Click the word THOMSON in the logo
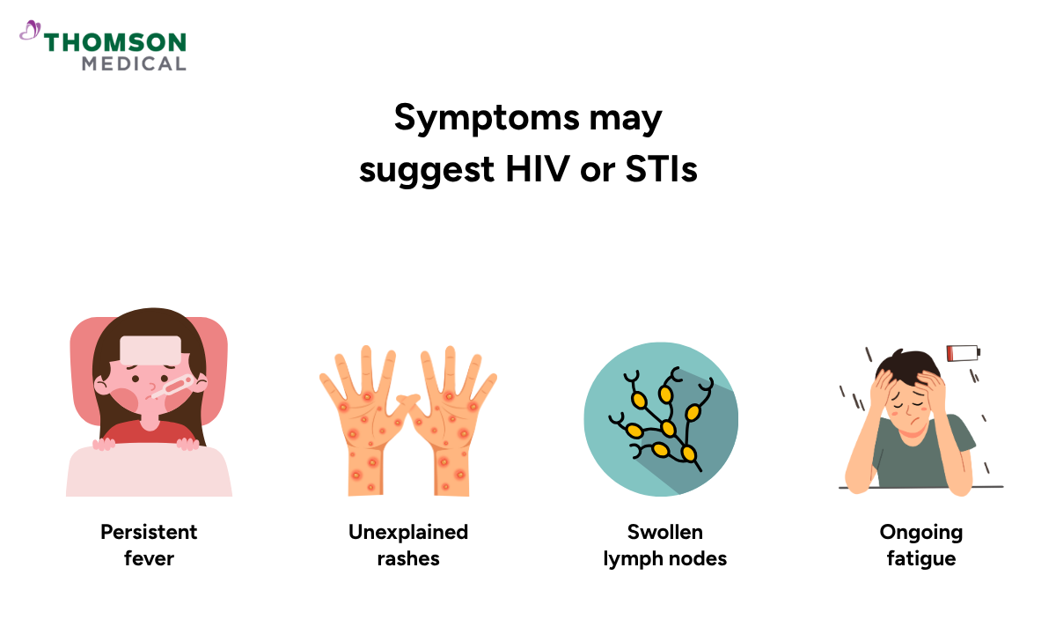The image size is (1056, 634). click(115, 42)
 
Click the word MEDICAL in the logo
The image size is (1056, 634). click(134, 64)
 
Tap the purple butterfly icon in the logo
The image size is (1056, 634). click(30, 30)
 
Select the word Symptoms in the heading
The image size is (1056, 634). click(486, 118)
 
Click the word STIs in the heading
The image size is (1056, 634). click(661, 169)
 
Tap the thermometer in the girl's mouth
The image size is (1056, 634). click(172, 387)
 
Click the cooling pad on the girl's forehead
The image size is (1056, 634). click(150, 350)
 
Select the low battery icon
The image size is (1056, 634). click(964, 353)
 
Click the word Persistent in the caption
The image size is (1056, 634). click(149, 532)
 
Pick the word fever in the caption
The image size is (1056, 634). click(149, 558)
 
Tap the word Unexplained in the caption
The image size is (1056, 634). click(408, 533)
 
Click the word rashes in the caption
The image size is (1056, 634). click(408, 559)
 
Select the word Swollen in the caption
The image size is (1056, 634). click(664, 532)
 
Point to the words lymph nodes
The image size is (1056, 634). click(664, 559)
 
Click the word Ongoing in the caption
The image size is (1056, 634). click(921, 533)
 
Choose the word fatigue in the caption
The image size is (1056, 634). click(921, 559)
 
